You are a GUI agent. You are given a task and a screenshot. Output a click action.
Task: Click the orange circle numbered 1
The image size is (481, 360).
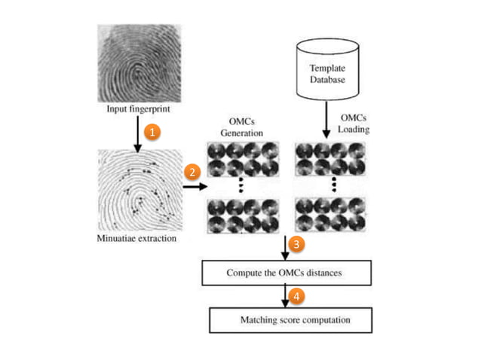coord(152,132)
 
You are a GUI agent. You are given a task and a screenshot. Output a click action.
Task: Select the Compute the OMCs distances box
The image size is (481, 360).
coord(286,272)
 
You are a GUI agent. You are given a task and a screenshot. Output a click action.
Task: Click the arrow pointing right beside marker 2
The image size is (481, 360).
coord(194,186)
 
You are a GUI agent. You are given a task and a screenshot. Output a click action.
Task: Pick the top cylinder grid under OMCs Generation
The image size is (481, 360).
coord(242,159)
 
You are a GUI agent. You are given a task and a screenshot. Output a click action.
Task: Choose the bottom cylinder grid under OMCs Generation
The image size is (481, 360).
coord(242,215)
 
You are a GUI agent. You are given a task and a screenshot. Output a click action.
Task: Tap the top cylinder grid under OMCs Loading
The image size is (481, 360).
coord(329,159)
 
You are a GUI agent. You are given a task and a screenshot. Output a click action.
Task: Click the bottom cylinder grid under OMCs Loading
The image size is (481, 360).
coord(329,215)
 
